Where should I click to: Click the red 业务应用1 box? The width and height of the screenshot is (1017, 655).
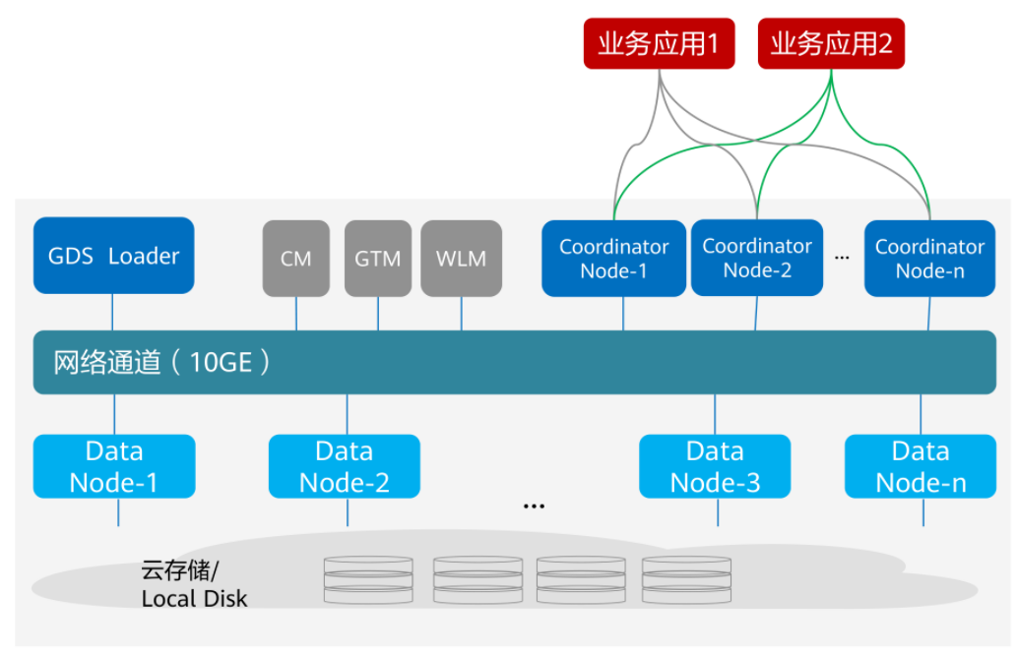pos(659,45)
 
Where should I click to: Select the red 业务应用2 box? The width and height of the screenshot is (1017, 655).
pos(831,45)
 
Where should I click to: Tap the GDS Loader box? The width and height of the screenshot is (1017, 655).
pos(113,256)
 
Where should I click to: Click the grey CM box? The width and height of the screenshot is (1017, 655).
pos(295,259)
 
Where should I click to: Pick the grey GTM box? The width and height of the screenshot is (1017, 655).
pos(377,259)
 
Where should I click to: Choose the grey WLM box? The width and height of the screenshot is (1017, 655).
pos(461,259)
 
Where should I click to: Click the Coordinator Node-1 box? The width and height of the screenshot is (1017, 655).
pos(613,259)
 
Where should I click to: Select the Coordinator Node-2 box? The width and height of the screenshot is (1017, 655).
pos(756,258)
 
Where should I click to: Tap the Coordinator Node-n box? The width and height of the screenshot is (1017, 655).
pos(928,259)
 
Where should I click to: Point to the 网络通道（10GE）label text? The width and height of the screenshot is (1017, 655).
pos(162,362)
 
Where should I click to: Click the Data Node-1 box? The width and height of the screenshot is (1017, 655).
pos(114,466)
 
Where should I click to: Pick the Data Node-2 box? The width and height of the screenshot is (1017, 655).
pos(345,466)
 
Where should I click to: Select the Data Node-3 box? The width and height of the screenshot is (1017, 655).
pos(715,466)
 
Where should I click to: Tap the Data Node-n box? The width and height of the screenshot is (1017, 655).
pos(921,466)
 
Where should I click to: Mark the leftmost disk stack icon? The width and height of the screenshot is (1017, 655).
pos(367,579)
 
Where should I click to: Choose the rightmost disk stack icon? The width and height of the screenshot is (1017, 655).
pos(686,579)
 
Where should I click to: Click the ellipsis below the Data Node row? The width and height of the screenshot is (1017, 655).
pos(534,506)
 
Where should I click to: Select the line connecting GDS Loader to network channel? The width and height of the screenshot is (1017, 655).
pos(112,312)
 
